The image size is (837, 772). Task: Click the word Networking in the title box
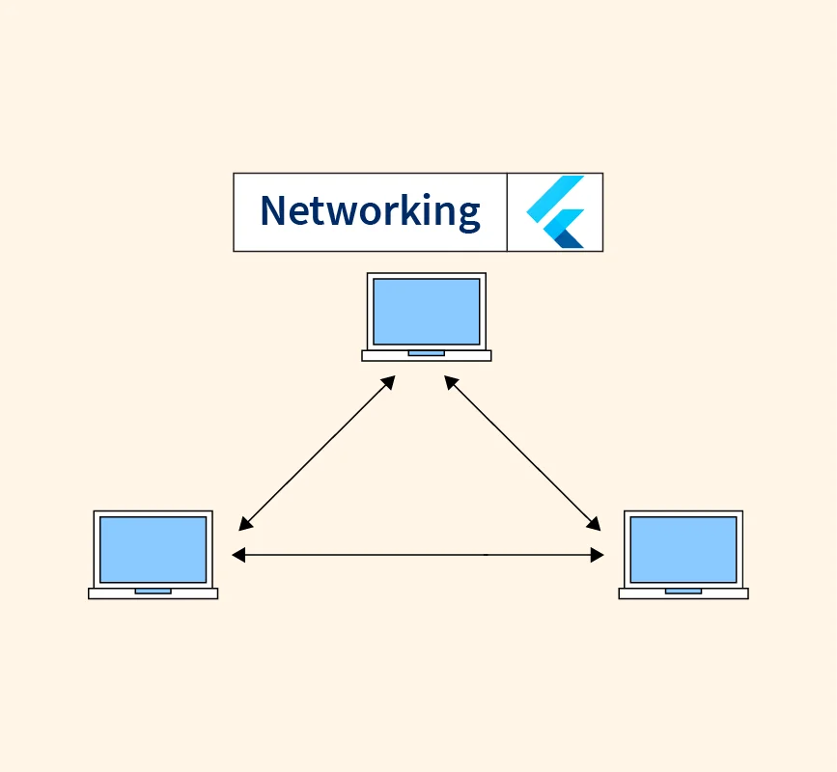pos(370,211)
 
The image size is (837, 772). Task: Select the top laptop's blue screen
pos(426,311)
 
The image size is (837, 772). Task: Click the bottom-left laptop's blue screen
pos(153,549)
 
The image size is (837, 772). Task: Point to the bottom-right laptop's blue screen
pos(684,549)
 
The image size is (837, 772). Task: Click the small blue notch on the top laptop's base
pos(426,353)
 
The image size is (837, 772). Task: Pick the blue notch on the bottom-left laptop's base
pos(153,591)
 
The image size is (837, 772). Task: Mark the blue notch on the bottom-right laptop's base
pos(684,591)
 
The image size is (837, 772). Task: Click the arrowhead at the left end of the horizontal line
pos(237,555)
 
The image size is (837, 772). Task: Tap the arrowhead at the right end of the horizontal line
pos(598,555)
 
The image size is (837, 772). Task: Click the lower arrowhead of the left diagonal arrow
pos(244,525)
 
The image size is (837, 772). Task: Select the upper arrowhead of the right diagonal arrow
pos(450,381)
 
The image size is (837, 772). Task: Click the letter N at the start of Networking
pos(274,210)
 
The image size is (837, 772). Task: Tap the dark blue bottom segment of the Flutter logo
pos(570,239)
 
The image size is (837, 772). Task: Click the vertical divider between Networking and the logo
pos(507,212)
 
